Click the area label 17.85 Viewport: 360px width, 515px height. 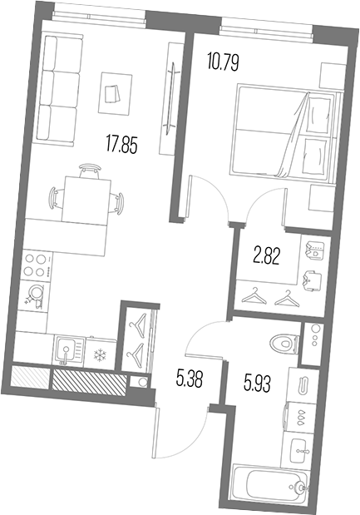point(121,145)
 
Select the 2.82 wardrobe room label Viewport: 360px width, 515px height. point(267,256)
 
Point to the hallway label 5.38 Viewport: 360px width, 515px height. point(190,379)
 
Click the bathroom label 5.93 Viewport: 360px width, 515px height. point(257,384)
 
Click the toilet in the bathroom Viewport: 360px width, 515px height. point(284,344)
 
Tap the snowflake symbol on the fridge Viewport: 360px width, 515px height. point(100,354)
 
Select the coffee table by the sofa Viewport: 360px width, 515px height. point(115,94)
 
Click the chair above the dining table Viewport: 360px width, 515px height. point(89,171)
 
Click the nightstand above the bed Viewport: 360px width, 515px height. point(333,75)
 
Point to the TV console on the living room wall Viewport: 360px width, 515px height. point(170,98)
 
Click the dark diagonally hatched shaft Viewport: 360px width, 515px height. point(90,383)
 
